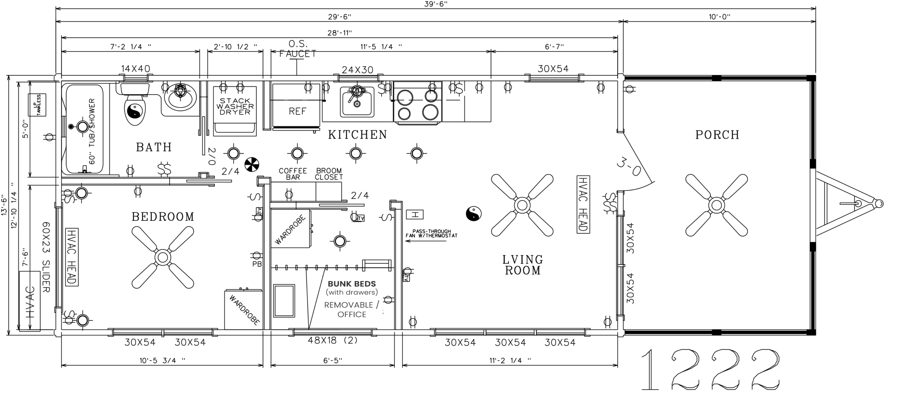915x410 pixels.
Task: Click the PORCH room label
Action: pos(717,135)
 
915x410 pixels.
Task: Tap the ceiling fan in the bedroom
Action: pos(163,257)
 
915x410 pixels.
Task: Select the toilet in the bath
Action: pos(135,104)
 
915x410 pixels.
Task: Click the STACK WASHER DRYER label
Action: pos(235,107)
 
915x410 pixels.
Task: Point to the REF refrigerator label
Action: pos(297,111)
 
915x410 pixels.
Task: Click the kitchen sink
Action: pos(357,102)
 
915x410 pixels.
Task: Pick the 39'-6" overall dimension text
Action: pos(436,4)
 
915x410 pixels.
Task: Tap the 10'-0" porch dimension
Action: pos(719,17)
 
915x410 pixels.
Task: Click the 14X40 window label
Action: pos(135,69)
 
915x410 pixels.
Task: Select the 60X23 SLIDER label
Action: pos(46,257)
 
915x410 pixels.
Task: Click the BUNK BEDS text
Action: pos(352,284)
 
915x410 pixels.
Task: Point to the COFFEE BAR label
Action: pos(293,174)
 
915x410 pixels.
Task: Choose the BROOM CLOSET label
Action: pos(329,174)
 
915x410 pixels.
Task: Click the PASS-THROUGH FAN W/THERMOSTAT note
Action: pos(431,233)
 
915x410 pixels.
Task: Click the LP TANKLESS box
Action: pos(37,105)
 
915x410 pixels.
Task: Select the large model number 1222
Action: pos(710,369)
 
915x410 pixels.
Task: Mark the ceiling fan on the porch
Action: pos(716,205)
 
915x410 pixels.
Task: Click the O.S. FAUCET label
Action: pos(298,49)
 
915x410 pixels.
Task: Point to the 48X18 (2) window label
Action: pos(333,340)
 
